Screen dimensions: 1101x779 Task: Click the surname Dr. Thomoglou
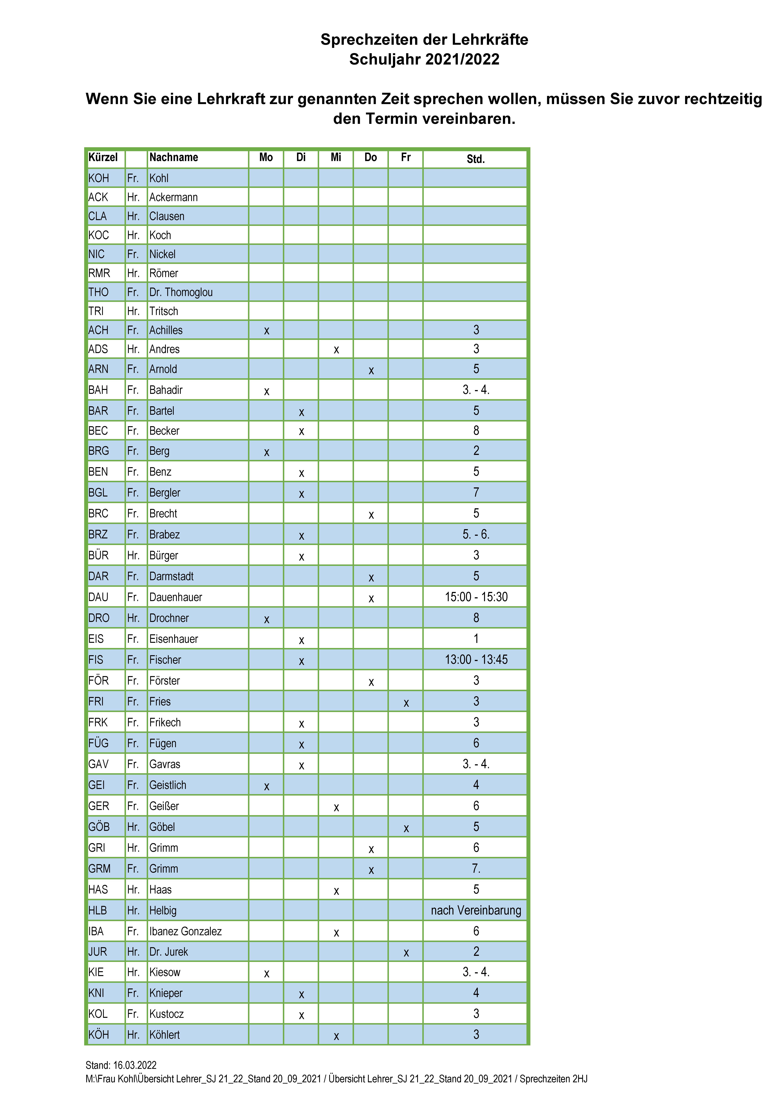[x=181, y=292]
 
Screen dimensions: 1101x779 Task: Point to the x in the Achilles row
[x=267, y=331]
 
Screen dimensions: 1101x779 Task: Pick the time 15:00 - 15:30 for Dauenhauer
[x=476, y=597]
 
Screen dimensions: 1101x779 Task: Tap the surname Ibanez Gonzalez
[x=185, y=931]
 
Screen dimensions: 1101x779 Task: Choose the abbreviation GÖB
[x=99, y=827]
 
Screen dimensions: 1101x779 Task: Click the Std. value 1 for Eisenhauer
[x=476, y=639]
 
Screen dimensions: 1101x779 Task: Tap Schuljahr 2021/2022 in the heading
[x=424, y=59]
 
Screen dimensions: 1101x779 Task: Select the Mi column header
[x=336, y=157]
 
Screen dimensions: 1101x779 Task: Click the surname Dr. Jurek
[x=168, y=951]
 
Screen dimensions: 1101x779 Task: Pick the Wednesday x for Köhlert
[x=336, y=1036]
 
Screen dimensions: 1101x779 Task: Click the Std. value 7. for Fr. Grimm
[x=476, y=868]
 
